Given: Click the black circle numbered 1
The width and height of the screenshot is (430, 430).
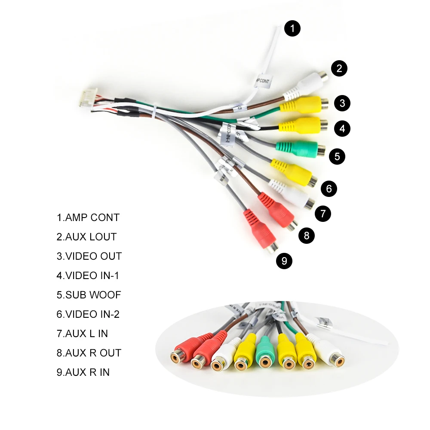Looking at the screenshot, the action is [x=292, y=29].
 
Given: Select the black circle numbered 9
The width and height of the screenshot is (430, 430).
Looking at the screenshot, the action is [x=284, y=261].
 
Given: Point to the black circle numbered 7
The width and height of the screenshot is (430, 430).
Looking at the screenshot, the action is [x=323, y=213].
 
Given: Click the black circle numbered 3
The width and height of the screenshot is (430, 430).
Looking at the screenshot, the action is [x=342, y=103].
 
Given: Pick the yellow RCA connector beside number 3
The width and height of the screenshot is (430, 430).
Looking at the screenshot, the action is [x=303, y=104].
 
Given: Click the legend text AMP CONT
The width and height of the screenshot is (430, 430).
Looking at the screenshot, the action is [x=88, y=218].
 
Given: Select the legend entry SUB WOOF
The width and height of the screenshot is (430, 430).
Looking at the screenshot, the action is [x=89, y=295].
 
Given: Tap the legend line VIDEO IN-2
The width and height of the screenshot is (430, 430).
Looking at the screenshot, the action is [x=88, y=314].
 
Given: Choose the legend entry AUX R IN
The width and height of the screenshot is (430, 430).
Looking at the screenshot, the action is [x=83, y=372].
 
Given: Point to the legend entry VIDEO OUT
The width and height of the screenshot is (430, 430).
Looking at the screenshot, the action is [x=89, y=256].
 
